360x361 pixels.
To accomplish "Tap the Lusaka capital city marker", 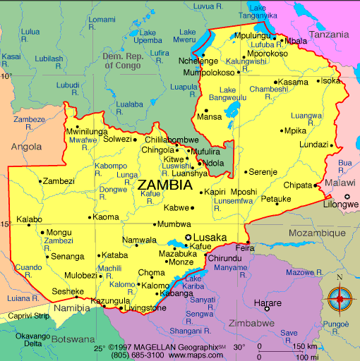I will tap(188, 238).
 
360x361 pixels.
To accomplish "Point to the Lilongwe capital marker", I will tap(347, 196).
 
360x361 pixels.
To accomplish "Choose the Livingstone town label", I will tap(146, 308).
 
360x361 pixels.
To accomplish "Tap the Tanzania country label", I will tap(329, 35).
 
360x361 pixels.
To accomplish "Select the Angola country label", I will tap(26, 147).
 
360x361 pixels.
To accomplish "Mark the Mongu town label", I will tap(59, 232).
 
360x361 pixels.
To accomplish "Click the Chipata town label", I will tap(297, 185).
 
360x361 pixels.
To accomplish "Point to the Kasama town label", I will tap(293, 82).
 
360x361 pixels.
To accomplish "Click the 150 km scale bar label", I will tap(306, 346).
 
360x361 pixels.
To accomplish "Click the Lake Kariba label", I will tap(193, 283).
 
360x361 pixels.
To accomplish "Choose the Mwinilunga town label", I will tap(87, 132).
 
